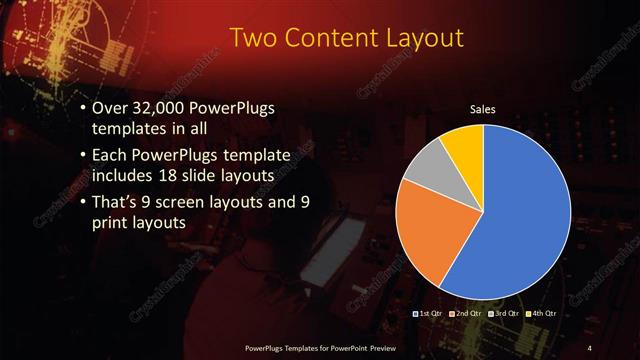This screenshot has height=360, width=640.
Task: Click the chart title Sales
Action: [x=484, y=109]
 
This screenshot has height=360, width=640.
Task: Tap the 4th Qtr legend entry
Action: [x=543, y=314]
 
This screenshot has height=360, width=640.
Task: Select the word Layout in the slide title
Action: [x=426, y=39]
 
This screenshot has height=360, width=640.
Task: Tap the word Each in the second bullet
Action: [x=110, y=156]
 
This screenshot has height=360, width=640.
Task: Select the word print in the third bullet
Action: [x=111, y=222]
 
